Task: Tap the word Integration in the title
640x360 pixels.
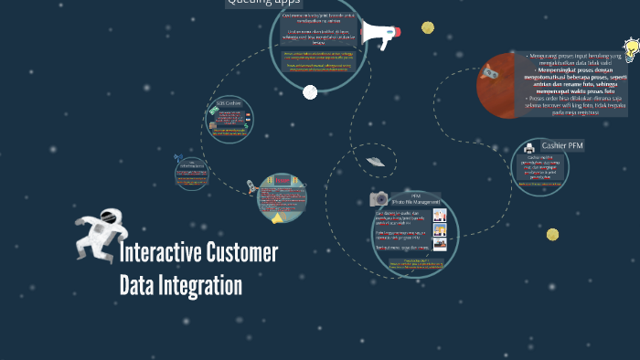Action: (x=204, y=286)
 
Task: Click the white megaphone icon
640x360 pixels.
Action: (x=379, y=35)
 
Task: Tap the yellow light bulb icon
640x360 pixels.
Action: (x=630, y=48)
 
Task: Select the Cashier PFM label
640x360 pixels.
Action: (x=562, y=145)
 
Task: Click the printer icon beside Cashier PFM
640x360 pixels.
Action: (x=529, y=147)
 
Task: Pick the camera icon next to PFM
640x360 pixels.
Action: (x=379, y=198)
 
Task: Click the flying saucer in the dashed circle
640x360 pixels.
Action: (x=373, y=162)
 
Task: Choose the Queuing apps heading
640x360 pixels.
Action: (x=263, y=3)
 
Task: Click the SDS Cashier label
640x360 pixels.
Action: (x=229, y=103)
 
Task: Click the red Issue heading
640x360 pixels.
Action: (x=282, y=180)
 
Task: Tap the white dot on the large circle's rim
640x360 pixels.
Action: (x=310, y=92)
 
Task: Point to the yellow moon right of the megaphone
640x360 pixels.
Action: (x=428, y=27)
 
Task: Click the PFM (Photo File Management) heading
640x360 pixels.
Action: (x=416, y=198)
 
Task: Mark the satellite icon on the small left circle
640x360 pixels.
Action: (x=179, y=159)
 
